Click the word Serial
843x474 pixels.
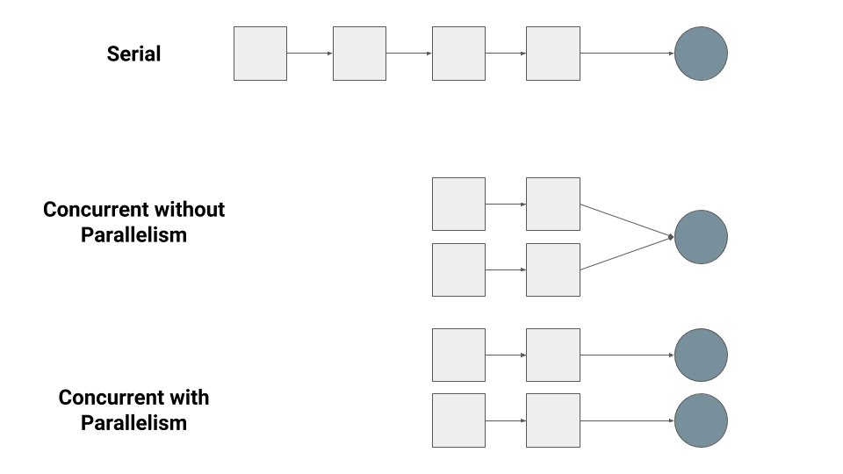click(133, 54)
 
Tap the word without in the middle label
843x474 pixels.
click(188, 210)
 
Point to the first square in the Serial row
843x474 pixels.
click(260, 54)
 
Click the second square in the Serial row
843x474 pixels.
click(360, 54)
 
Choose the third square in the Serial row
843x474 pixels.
click(458, 54)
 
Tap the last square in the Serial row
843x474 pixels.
click(553, 54)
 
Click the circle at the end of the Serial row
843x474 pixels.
click(701, 54)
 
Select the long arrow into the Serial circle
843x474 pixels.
click(627, 54)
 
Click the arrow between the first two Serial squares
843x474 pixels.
click(310, 54)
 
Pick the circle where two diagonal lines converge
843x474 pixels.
click(701, 237)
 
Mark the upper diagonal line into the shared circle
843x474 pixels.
click(627, 220)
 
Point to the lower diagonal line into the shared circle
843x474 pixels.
click(627, 253)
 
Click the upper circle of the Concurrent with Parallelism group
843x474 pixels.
click(701, 355)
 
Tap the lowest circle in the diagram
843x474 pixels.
click(701, 420)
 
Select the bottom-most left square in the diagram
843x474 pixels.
click(458, 420)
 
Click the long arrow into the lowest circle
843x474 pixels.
click(627, 420)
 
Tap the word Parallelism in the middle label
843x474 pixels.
click(133, 235)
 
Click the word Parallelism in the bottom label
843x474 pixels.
click(133, 423)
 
